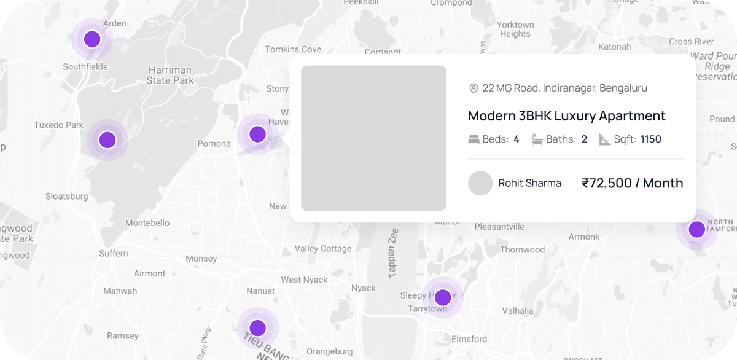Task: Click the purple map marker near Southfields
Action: coord(92,39)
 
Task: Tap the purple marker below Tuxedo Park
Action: coord(107,140)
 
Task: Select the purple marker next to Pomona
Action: coord(257,134)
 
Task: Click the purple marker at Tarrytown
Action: coord(442,297)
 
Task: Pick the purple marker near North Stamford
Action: coord(696,230)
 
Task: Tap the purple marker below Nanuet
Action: coord(258,327)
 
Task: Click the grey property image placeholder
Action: coord(373,138)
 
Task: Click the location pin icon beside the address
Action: coord(474,88)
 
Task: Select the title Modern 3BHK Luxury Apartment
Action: coord(566,115)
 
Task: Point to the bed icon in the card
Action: coord(474,139)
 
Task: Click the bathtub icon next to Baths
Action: coord(537,139)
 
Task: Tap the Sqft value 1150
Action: coord(650,139)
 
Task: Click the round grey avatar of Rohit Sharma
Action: coord(480,183)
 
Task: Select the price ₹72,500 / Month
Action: coord(632,183)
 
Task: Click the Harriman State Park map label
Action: coord(170,75)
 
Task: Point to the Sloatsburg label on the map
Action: coord(67,197)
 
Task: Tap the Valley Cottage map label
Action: coord(323,249)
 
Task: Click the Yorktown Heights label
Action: coord(515,29)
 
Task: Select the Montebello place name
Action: coord(147,222)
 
